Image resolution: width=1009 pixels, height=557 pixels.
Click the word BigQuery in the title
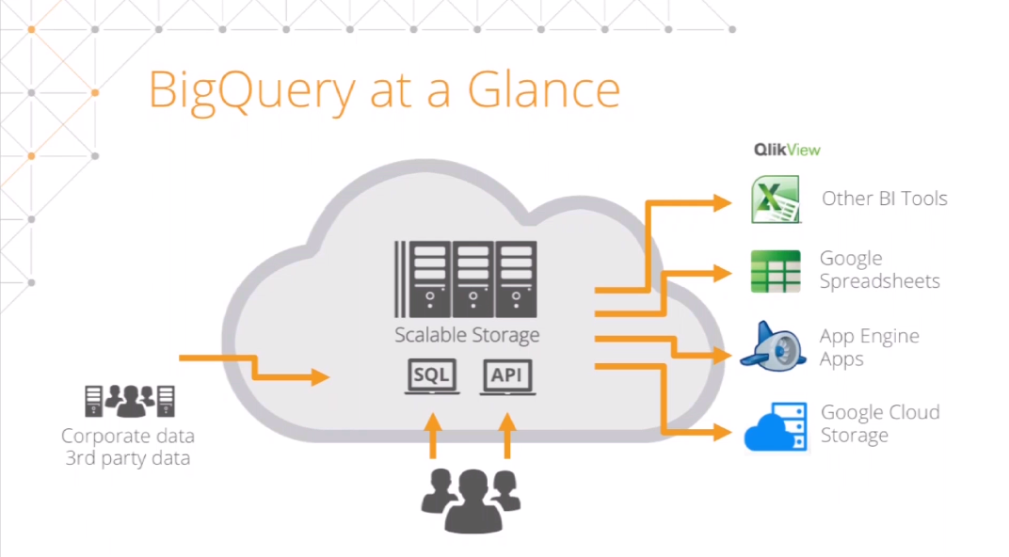pyautogui.click(x=251, y=90)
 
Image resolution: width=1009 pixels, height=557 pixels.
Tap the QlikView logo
pyautogui.click(x=787, y=149)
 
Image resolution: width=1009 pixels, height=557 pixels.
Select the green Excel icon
pyautogui.click(x=776, y=199)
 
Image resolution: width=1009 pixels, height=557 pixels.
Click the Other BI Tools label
pyautogui.click(x=884, y=199)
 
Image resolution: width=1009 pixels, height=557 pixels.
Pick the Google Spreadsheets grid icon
pyautogui.click(x=776, y=271)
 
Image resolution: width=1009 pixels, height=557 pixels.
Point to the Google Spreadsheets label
pyautogui.click(x=879, y=269)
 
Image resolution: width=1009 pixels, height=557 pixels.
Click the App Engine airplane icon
pyautogui.click(x=774, y=345)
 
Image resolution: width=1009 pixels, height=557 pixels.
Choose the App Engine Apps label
pyautogui.click(x=869, y=347)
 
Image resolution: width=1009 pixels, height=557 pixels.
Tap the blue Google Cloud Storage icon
pyautogui.click(x=776, y=426)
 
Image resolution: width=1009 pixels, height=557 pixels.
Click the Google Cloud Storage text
pyautogui.click(x=879, y=423)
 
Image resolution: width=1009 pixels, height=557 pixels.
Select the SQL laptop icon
pyautogui.click(x=432, y=376)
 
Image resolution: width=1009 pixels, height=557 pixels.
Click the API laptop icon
pyautogui.click(x=508, y=376)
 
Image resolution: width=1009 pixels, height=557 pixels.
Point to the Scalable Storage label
pyautogui.click(x=467, y=335)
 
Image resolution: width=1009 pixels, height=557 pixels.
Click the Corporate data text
pyautogui.click(x=127, y=436)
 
